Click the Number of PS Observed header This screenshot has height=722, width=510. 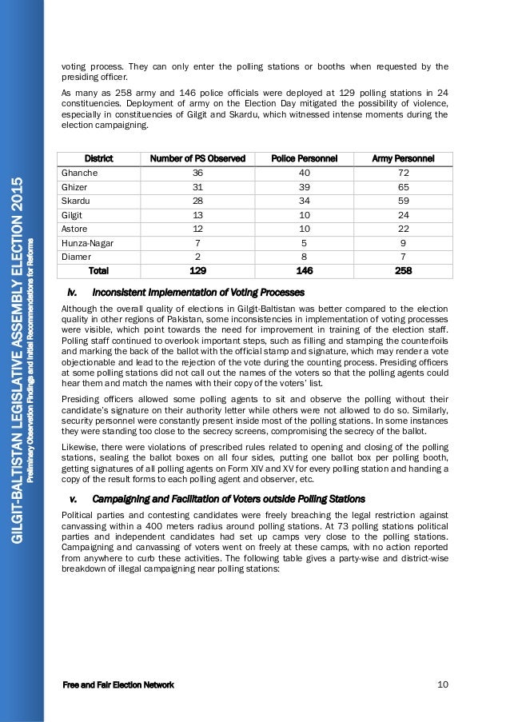tap(197, 158)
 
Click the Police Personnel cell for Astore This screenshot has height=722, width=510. tap(302, 228)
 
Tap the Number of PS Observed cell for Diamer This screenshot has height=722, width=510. tap(197, 256)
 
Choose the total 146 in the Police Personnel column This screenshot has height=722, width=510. tap(302, 270)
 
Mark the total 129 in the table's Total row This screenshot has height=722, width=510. tap(197, 270)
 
